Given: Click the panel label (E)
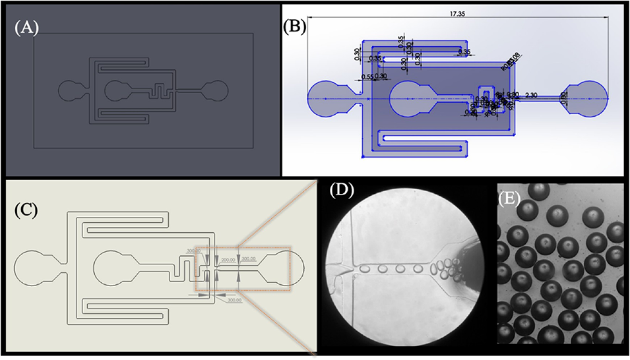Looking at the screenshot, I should pyautogui.click(x=511, y=197).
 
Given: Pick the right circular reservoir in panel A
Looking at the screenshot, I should pyautogui.click(x=217, y=90).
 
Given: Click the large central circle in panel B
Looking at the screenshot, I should pyautogui.click(x=410, y=101).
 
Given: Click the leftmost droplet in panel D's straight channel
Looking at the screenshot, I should pyautogui.click(x=365, y=269).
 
